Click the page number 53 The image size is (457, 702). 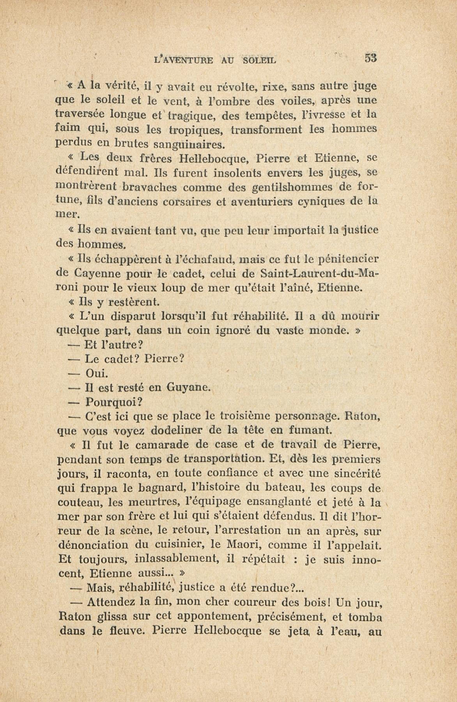[371, 58]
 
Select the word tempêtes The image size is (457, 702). [271, 115]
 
